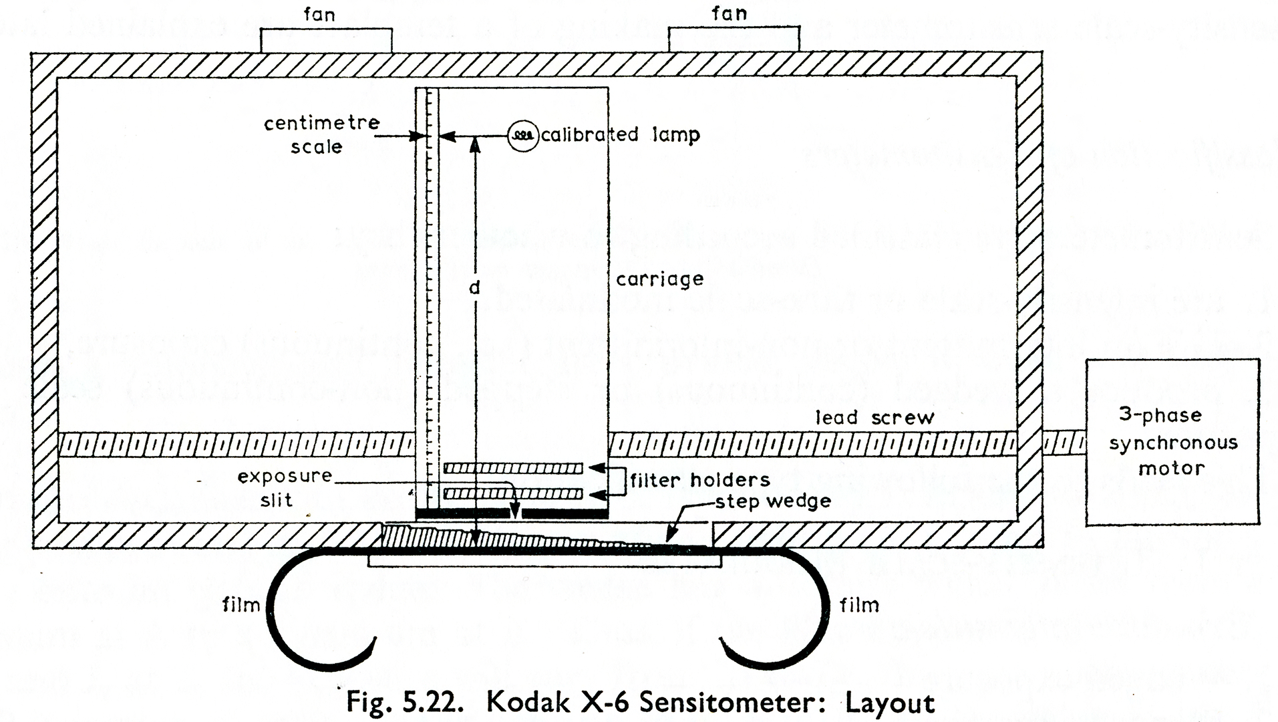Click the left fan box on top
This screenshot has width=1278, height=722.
point(325,40)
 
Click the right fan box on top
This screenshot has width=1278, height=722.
point(734,40)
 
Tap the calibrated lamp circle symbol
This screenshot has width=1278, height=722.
point(523,136)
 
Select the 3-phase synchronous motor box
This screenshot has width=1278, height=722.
point(1172,442)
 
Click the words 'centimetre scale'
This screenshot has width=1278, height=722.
point(321,134)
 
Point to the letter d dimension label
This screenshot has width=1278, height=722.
point(474,287)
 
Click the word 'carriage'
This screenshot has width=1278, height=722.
point(659,279)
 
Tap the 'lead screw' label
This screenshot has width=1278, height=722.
point(874,418)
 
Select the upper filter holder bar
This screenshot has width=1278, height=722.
point(513,469)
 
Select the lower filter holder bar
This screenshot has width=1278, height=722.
point(513,494)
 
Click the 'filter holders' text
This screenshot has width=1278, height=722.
point(700,479)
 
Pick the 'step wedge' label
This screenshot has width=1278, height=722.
point(773,501)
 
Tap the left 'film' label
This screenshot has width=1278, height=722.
point(241,605)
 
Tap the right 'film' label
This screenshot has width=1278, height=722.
point(859,605)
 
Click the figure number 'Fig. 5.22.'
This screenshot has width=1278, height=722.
point(404,703)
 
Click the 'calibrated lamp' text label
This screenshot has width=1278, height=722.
point(620,135)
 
